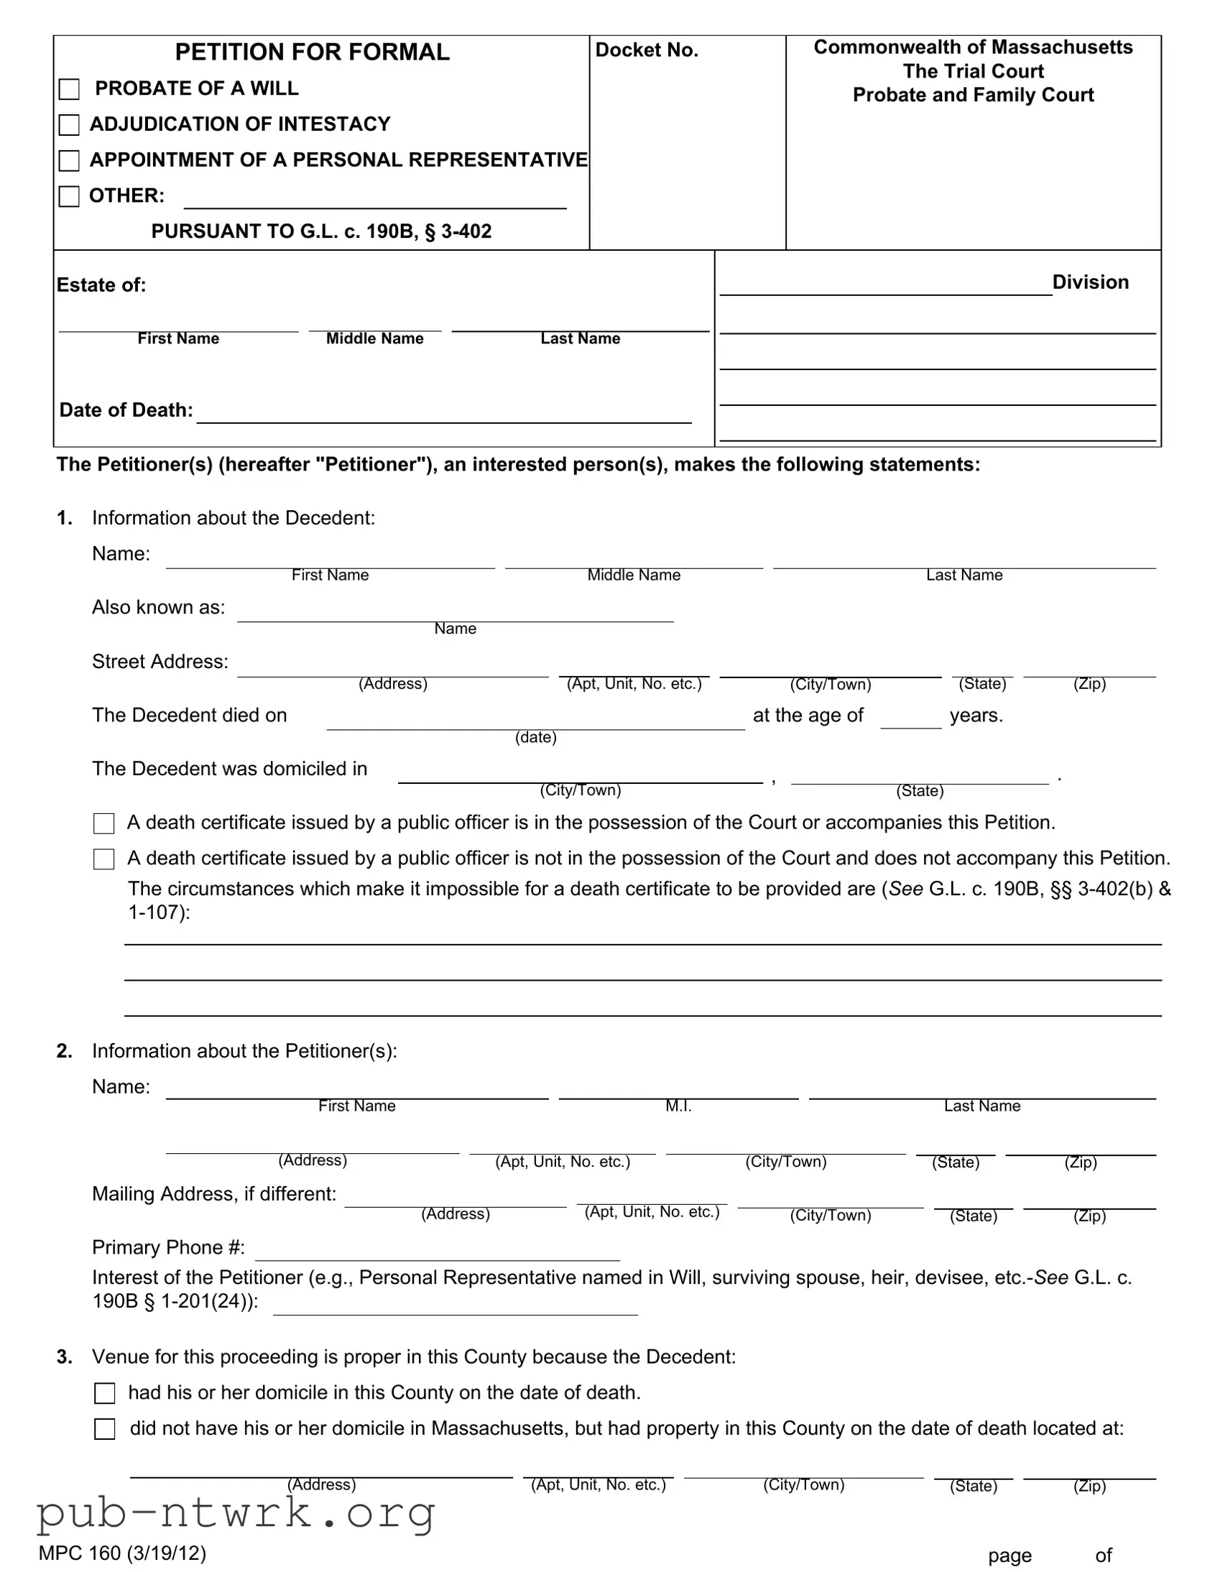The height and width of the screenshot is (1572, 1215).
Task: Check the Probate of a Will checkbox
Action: click(x=69, y=89)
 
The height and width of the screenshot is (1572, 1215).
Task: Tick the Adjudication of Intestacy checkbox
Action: click(x=69, y=125)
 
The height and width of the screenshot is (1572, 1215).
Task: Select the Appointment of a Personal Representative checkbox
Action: click(x=69, y=160)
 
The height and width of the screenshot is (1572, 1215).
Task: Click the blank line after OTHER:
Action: click(x=374, y=200)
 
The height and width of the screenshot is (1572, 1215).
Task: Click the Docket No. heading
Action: click(x=647, y=50)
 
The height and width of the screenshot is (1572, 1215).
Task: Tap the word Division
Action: click(x=1090, y=282)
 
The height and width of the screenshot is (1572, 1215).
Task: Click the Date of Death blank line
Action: click(x=443, y=415)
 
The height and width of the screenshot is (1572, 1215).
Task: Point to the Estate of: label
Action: click(x=101, y=285)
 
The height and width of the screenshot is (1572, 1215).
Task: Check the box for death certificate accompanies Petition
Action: click(x=104, y=823)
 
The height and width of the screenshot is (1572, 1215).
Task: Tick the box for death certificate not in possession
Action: click(x=104, y=859)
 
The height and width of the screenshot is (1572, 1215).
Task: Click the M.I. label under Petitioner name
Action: click(x=678, y=1106)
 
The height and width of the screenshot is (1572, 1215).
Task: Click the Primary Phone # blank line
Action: click(x=438, y=1252)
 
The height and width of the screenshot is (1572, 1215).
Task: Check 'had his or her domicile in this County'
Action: click(x=105, y=1394)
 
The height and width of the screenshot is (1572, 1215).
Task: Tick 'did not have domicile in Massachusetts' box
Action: click(x=105, y=1430)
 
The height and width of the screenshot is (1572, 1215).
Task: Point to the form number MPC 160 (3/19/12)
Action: click(x=122, y=1553)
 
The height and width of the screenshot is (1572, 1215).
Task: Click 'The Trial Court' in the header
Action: click(x=973, y=71)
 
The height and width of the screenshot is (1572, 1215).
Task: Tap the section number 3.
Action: click(x=65, y=1356)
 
